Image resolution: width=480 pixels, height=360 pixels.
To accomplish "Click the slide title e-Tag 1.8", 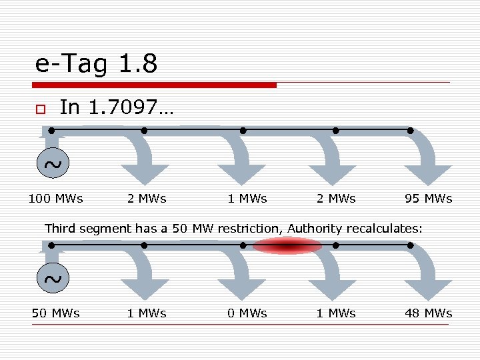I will tap(96, 64).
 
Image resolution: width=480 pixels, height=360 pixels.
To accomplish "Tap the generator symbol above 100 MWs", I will tap(52, 164).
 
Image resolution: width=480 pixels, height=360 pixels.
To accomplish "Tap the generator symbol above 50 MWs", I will tap(52, 279).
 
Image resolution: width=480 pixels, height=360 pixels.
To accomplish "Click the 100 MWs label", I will tap(55, 198).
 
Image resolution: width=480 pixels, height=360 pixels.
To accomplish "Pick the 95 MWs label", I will tap(428, 198).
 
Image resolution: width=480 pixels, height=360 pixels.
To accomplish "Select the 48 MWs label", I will tap(428, 313).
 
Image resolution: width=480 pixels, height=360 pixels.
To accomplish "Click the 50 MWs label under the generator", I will tap(55, 313).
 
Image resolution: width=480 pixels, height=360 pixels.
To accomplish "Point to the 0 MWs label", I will tap(247, 313).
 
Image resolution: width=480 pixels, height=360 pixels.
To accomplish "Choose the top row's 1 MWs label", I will tap(247, 198).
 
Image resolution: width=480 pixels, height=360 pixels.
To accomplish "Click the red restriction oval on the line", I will tap(287, 246).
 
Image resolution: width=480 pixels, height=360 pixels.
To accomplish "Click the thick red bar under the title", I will tap(155, 85).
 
